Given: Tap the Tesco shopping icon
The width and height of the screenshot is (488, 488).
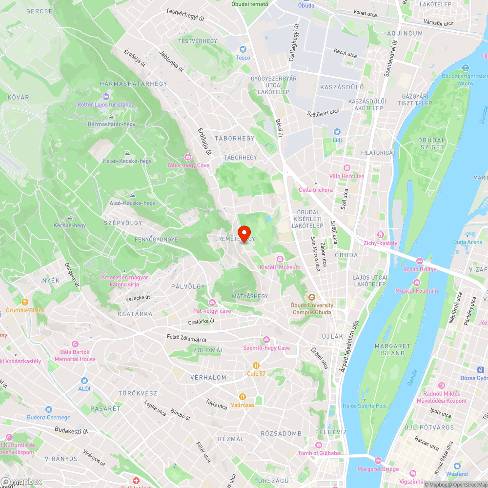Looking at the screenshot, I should pos(243,49).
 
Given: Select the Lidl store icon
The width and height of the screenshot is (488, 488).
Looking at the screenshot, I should pos(337,132).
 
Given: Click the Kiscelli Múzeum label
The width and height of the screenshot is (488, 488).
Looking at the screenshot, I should pos(280,267).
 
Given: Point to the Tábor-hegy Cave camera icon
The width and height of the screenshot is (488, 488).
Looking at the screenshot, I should pos(188,157).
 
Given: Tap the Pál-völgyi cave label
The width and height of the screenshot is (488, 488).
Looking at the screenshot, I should pos(212,311).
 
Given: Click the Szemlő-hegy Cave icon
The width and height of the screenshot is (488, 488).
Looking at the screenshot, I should pos(266,340).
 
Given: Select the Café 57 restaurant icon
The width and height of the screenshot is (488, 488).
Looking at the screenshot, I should pos(256,365).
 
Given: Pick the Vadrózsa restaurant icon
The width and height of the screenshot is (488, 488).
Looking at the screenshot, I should pos(243,396).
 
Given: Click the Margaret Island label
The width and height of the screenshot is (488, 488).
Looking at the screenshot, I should pos(389,349).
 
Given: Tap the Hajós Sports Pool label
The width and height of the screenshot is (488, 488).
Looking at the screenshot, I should pos(365,406).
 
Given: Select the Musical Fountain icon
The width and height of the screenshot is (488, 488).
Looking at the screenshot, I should pos(416,283).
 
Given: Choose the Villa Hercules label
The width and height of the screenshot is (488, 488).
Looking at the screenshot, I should pos(346,176).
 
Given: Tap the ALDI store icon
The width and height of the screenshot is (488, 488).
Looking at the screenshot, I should pos(84,380).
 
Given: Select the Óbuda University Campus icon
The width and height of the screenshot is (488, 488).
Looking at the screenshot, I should pos(312,297).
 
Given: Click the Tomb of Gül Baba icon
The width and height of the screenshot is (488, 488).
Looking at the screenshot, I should pos(318,445).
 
